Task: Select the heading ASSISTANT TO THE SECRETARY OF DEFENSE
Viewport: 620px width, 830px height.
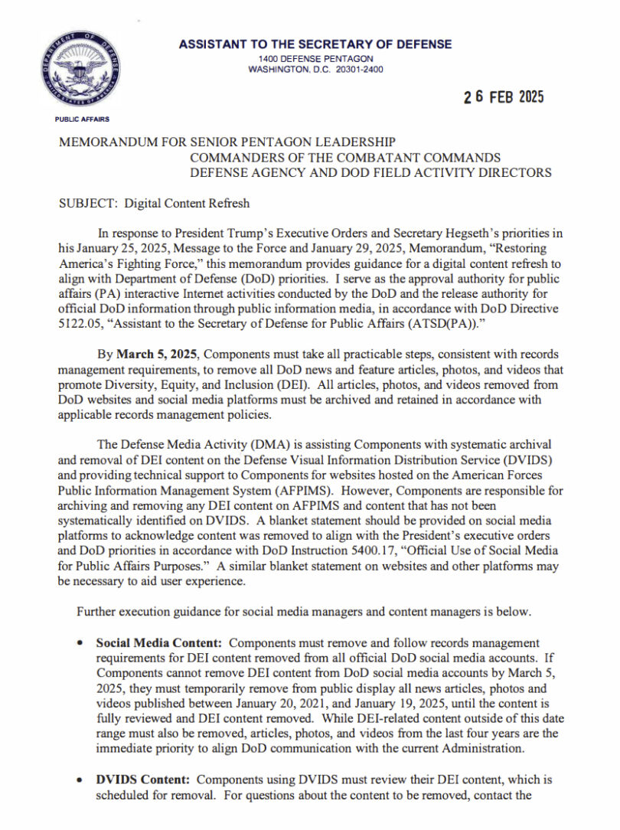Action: point(315,44)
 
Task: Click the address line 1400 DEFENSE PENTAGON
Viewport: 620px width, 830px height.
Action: point(315,59)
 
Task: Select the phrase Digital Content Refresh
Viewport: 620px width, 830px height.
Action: point(187,204)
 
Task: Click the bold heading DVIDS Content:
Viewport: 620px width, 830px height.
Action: point(142,779)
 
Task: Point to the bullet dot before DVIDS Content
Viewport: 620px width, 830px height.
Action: point(80,780)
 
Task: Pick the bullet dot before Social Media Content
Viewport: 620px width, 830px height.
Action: point(80,644)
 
